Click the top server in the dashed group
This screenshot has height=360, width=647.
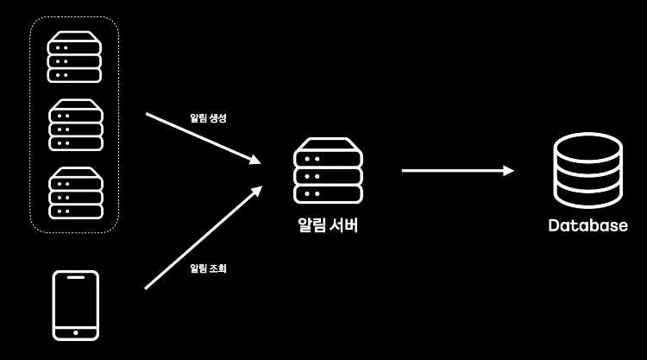(x=74, y=56)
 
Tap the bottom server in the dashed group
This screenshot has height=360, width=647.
(x=75, y=193)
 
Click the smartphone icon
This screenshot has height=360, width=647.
(x=76, y=306)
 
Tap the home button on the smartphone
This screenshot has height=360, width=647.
(x=76, y=332)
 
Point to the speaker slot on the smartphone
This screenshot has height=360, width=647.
(x=76, y=279)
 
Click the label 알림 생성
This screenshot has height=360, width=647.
(x=208, y=117)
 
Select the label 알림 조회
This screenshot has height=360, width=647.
(x=208, y=268)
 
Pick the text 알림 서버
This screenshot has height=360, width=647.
(x=327, y=226)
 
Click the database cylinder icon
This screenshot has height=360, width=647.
(x=587, y=171)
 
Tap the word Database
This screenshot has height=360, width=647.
(x=587, y=226)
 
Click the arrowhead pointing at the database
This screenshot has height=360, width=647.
(x=509, y=171)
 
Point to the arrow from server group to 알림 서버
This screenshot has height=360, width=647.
(x=203, y=138)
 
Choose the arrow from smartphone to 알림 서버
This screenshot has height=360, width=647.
(x=203, y=237)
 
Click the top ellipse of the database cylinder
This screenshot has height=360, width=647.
(x=587, y=146)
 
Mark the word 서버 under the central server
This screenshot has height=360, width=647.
(x=342, y=226)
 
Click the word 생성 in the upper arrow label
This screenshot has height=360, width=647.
(x=217, y=117)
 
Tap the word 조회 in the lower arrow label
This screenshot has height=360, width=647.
(x=217, y=268)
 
